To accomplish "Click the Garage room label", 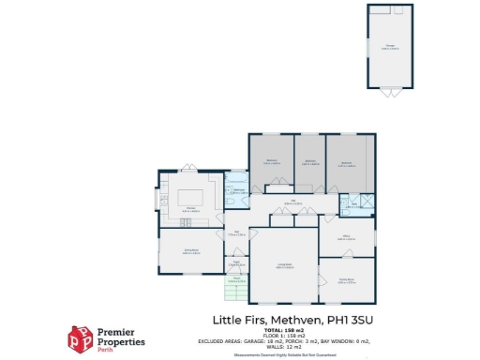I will (x=390, y=45).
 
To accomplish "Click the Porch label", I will (x=237, y=279).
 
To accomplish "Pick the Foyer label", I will (x=237, y=264).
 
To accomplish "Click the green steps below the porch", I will (x=239, y=294).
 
